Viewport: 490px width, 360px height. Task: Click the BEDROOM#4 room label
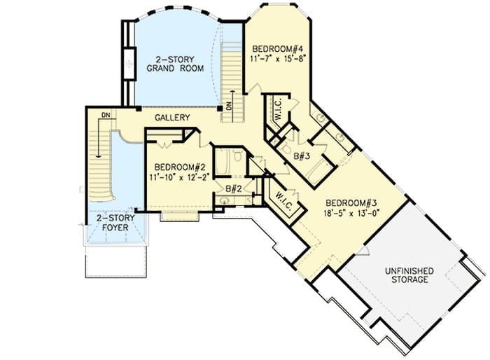point(278,49)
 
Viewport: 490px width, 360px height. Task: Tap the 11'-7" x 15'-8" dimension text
point(277,59)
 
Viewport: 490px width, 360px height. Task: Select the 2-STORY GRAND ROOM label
point(175,64)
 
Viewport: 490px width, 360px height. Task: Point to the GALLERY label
point(172,118)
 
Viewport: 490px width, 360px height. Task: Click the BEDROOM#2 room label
point(180,167)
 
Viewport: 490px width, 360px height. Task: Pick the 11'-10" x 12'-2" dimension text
point(179,177)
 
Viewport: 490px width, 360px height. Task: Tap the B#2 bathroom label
point(233,188)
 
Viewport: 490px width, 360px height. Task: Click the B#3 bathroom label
point(302,155)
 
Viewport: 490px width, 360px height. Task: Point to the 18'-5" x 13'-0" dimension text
point(351,214)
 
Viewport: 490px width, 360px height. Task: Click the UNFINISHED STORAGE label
point(409,275)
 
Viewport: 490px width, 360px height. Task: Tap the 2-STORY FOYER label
point(115,223)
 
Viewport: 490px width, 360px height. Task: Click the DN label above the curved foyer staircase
point(106,115)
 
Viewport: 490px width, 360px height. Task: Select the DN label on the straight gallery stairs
point(230,106)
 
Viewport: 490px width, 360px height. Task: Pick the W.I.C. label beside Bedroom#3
point(284,200)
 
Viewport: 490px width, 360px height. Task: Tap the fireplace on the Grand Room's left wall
point(129,64)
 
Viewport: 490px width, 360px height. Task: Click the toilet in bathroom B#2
point(237,155)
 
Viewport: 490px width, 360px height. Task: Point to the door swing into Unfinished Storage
point(363,251)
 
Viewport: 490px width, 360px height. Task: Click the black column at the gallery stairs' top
point(220,109)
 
